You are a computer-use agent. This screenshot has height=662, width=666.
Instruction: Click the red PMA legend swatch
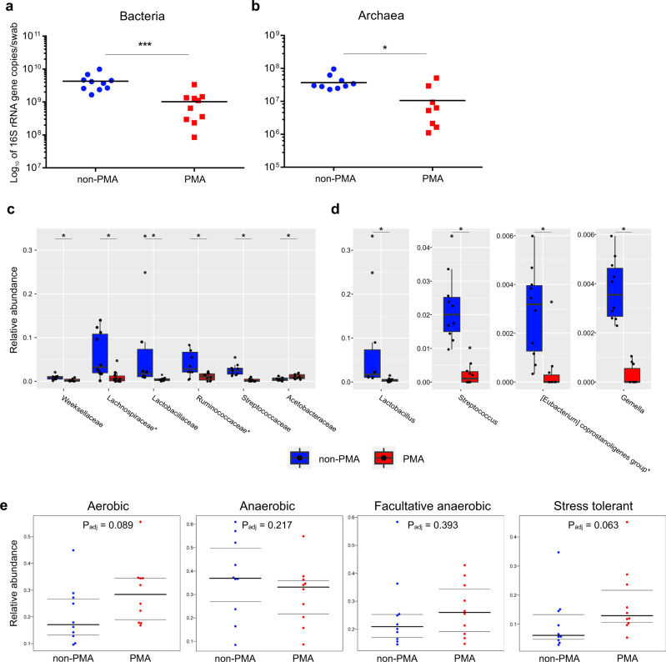pos(382,458)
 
